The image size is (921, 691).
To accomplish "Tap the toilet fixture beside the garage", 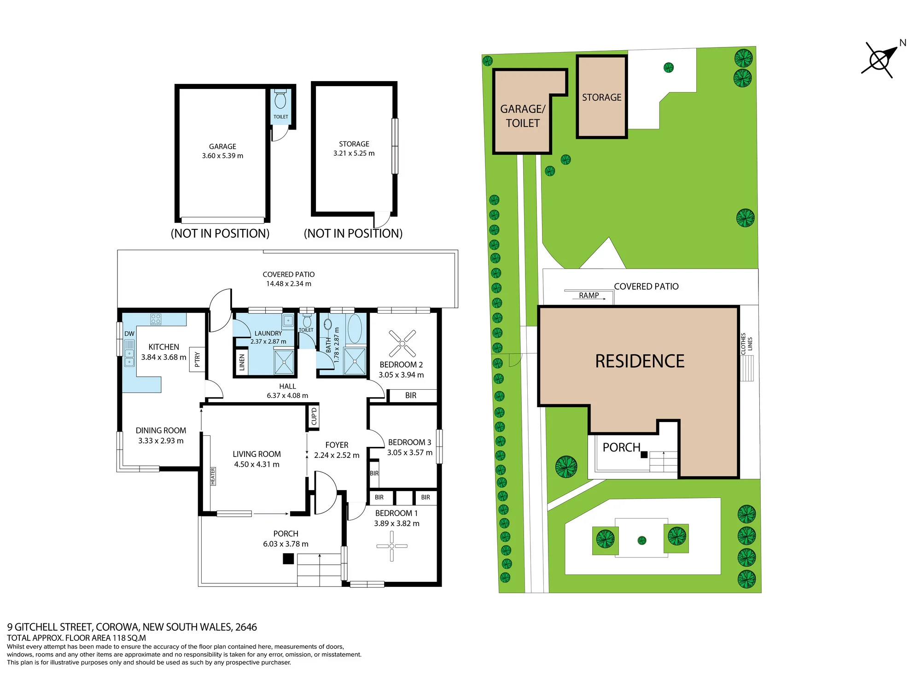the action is pos(280,99).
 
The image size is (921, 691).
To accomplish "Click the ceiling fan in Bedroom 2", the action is pos(402,343).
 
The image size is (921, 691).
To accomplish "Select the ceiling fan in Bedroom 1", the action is pos(392,546).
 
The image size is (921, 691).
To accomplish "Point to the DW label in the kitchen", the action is pos(129,334).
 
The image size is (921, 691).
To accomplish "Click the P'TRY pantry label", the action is pos(198,359).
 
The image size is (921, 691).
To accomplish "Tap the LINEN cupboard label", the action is pos(242,363).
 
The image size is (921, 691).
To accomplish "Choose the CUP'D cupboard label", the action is pos(314,416).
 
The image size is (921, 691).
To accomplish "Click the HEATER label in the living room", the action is pos(213,476).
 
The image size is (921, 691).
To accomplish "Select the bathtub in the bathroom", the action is pos(354,328).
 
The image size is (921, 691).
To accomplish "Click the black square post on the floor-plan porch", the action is pos(288,559).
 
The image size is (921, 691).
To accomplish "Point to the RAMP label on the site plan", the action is pos(589,295).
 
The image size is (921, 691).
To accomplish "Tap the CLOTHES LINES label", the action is pos(746,344).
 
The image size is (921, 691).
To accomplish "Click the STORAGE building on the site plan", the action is pos(602,97).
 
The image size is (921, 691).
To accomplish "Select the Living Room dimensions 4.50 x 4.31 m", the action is pos(256,464).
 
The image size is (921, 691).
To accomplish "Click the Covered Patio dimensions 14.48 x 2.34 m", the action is pos(289,284).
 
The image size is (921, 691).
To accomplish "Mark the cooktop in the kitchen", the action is pos(156,319).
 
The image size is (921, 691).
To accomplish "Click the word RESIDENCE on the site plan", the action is pos(640,361).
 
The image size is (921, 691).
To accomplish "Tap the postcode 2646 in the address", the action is pos(246,627).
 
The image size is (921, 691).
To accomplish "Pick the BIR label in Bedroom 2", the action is pos(411,395).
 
